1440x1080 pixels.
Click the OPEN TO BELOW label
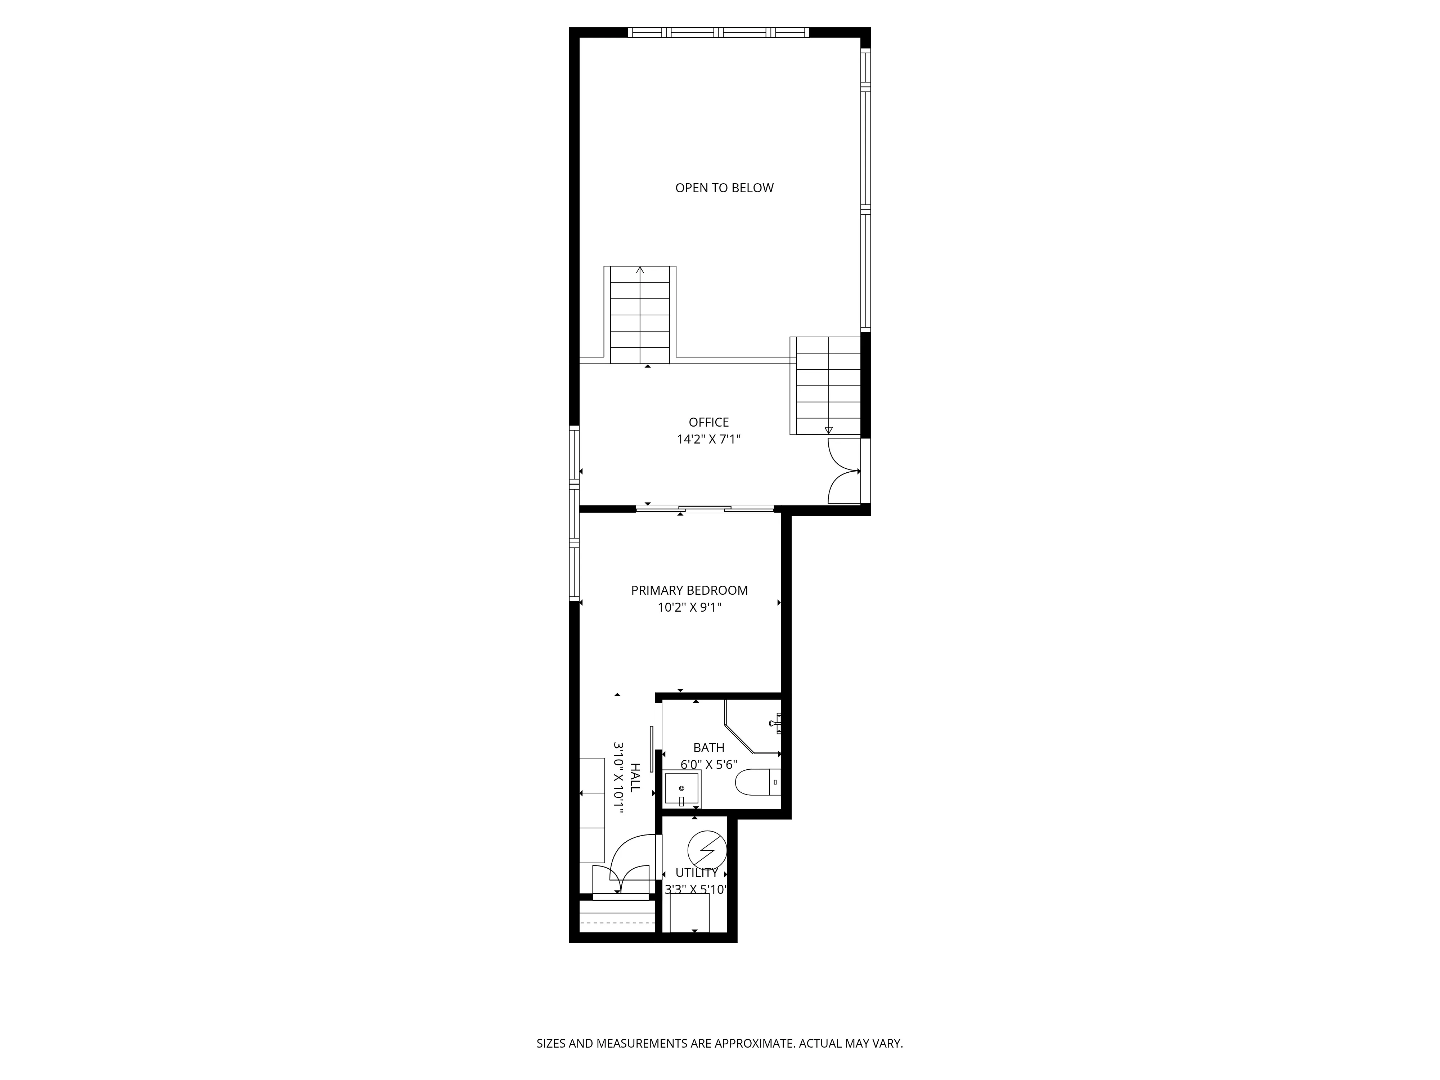point(724,188)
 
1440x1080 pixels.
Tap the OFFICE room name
point(708,423)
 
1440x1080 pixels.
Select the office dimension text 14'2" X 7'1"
point(708,440)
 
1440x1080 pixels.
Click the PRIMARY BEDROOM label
point(689,590)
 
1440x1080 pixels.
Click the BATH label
point(708,748)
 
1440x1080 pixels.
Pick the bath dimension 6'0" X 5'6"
point(708,765)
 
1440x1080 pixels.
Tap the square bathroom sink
point(681,789)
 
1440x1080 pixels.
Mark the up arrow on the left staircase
point(640,270)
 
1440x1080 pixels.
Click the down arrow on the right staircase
point(828,429)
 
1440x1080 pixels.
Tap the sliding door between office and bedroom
point(705,508)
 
